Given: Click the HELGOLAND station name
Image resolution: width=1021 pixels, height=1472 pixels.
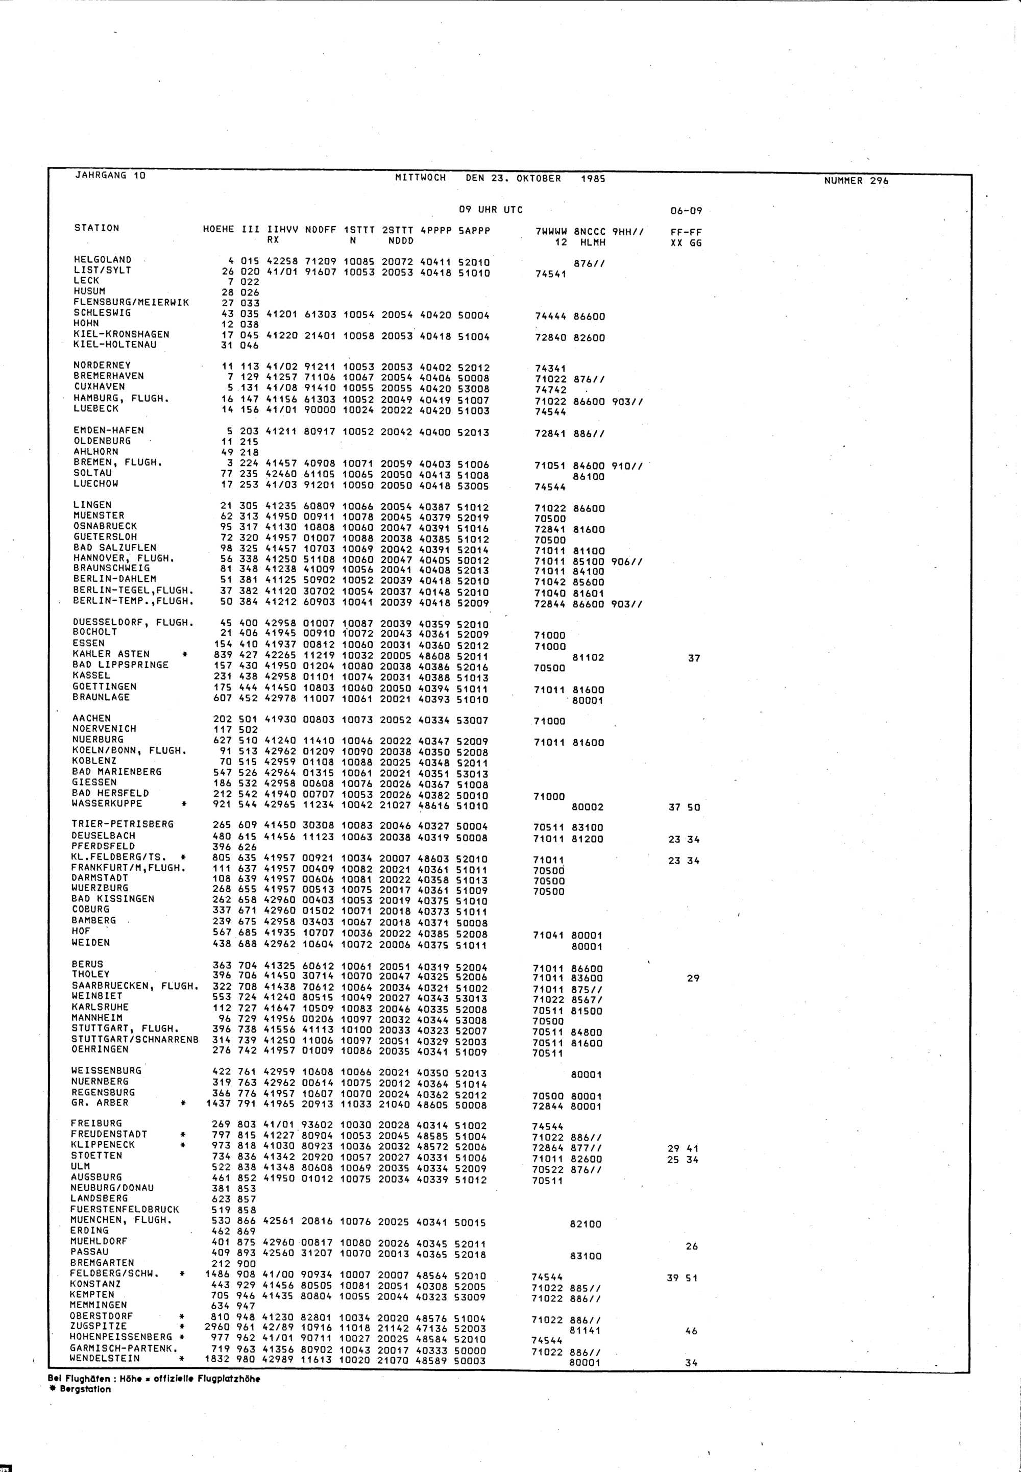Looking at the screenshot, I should tap(103, 260).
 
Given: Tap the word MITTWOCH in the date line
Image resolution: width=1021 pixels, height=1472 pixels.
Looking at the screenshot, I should tap(420, 178).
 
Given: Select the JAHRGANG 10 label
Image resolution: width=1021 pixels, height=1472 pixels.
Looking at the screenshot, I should tap(111, 175).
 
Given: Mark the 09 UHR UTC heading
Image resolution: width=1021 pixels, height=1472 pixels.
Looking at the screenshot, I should tap(490, 210).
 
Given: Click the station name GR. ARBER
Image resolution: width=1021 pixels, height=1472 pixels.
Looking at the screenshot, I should tap(99, 1102).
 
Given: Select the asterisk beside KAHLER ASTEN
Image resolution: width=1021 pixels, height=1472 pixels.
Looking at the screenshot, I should tap(185, 654).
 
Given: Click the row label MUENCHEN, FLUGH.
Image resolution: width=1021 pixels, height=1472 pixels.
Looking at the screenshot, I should tap(121, 1220).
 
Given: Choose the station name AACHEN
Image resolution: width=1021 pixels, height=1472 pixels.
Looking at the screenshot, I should tap(91, 718).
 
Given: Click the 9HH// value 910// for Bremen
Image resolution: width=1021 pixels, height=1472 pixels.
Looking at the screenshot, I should tap(627, 465).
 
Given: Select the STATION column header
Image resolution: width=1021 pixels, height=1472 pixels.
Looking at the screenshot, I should tap(96, 228).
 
